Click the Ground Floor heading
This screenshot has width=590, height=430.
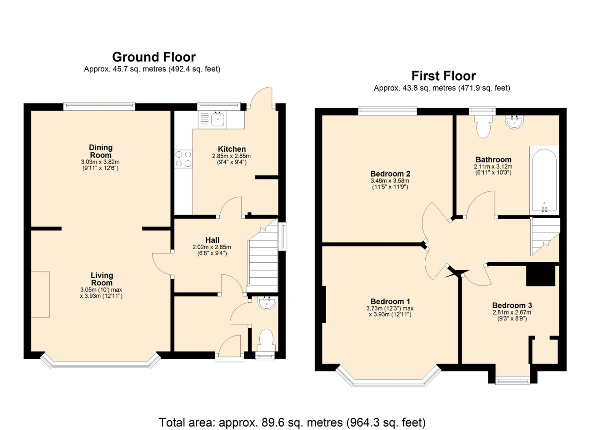click(x=154, y=57)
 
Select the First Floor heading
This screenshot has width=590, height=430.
click(x=444, y=76)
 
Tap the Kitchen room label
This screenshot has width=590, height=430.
click(x=232, y=149)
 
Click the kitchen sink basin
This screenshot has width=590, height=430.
click(x=218, y=119)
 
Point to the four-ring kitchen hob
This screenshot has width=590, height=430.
click(x=183, y=159)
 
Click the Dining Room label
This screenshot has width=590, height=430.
click(x=101, y=151)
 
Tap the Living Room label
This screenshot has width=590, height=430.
click(x=102, y=279)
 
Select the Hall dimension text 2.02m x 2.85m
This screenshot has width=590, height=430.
click(x=212, y=247)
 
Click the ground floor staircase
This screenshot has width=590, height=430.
click(x=263, y=260)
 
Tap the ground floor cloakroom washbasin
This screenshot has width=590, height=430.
click(x=267, y=303)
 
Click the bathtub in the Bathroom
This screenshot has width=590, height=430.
click(x=544, y=181)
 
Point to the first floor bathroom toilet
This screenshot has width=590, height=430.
click(x=483, y=127)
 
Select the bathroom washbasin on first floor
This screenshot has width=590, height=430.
click(x=514, y=122)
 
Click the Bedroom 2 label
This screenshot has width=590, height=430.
click(x=390, y=174)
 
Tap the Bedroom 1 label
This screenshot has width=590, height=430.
click(x=390, y=301)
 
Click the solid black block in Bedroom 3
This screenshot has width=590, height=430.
click(x=541, y=276)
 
